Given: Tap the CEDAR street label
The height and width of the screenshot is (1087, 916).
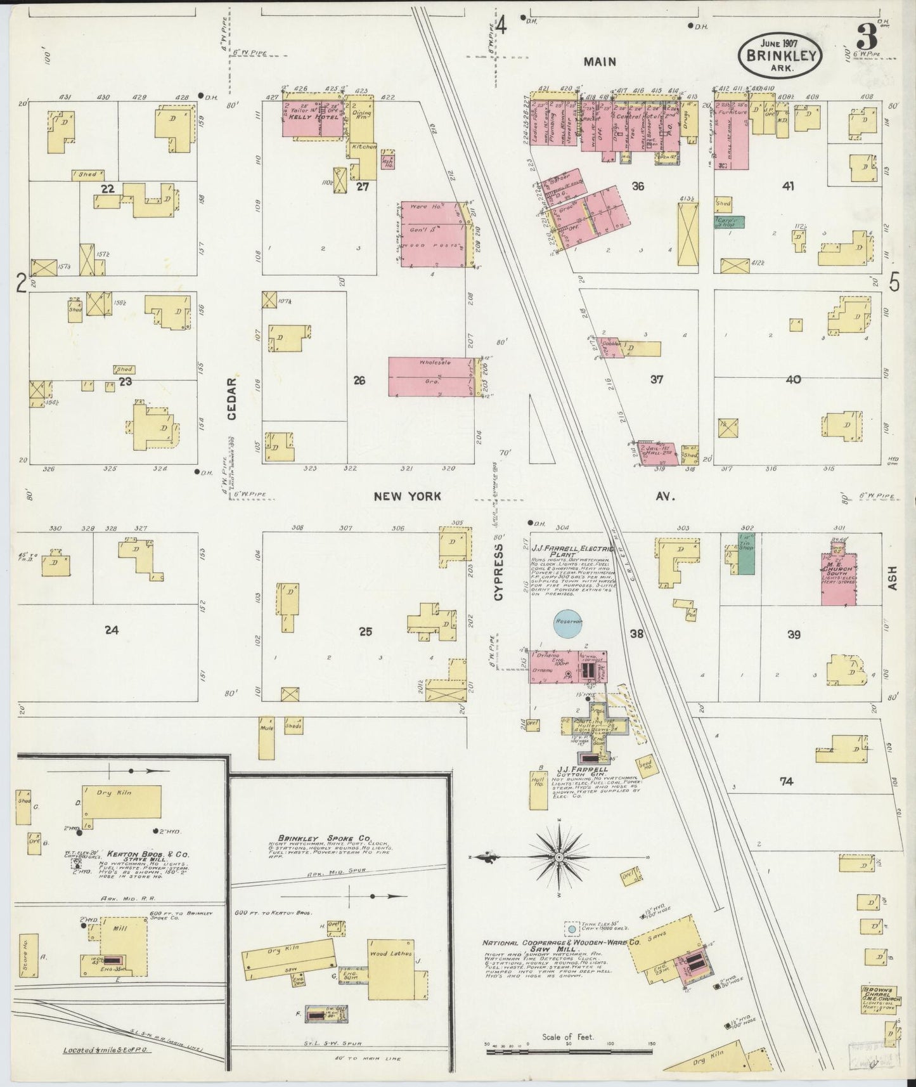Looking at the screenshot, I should (232, 398).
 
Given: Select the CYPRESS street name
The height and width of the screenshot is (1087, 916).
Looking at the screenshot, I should (498, 571).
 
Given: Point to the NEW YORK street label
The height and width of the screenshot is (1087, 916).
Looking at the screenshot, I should (406, 496).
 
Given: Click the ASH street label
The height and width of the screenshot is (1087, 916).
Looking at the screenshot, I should (893, 578).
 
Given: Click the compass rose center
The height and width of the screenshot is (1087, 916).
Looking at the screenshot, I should (560, 857).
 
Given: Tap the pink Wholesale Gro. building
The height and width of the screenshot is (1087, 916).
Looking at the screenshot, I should (431, 377).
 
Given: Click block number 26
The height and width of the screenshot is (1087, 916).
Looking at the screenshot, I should (359, 381).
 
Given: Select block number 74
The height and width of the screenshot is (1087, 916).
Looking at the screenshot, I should (786, 782).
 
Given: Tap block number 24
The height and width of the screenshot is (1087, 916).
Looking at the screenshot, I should (112, 630).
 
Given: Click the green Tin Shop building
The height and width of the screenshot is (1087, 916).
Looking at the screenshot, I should (746, 555).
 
